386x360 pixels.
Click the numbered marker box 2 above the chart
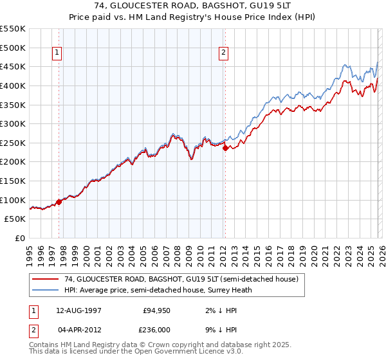pyautogui.click(x=223, y=53)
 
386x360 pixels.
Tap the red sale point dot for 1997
pyautogui.click(x=59, y=202)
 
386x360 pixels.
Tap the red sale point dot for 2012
pyautogui.click(x=225, y=148)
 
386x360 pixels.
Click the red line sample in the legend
pyautogui.click(x=44, y=280)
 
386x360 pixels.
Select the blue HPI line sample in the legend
pyautogui.click(x=44, y=290)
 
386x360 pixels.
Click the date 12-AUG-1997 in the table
pyautogui.click(x=80, y=310)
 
